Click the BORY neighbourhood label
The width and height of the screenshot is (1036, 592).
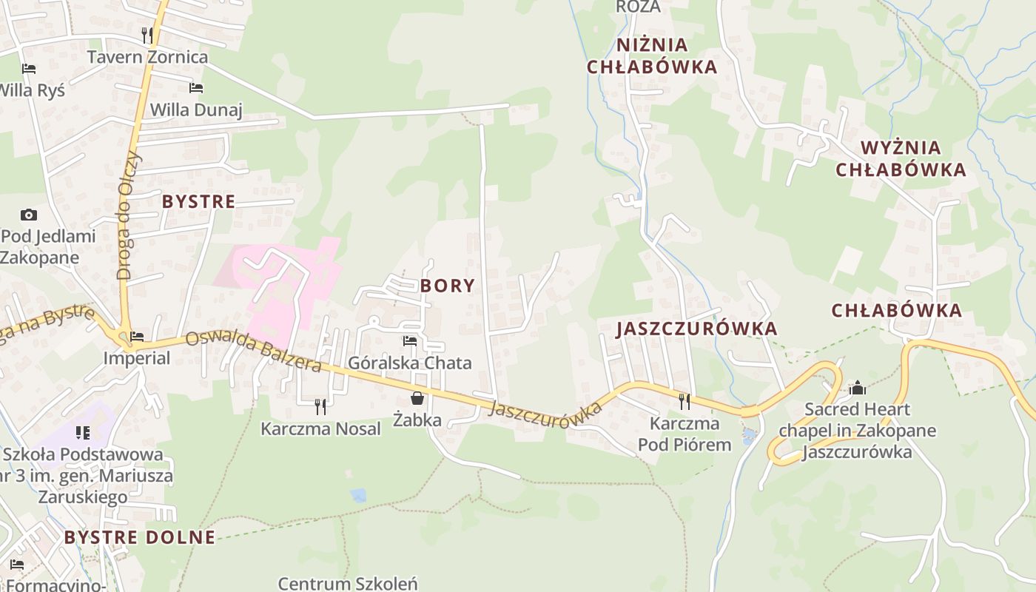(448, 286)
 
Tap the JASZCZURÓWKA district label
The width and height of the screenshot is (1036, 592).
(696, 329)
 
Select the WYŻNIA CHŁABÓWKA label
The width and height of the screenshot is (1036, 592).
(901, 158)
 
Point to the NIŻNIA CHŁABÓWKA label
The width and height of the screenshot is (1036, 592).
(652, 55)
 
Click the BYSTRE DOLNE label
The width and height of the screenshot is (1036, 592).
(139, 537)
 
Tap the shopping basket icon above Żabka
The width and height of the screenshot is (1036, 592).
(417, 399)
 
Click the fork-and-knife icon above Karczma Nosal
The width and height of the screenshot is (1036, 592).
(320, 406)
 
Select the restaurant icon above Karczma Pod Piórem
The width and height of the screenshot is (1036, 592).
(684, 401)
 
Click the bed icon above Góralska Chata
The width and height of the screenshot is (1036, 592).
(409, 341)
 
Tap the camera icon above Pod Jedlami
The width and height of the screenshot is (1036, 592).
(29, 215)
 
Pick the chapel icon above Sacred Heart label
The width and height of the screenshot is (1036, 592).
(857, 388)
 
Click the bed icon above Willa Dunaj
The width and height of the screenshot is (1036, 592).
(196, 88)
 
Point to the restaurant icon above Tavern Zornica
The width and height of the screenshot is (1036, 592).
(147, 35)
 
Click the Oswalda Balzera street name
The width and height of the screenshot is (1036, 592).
(253, 351)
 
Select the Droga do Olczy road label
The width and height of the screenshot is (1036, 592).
(128, 215)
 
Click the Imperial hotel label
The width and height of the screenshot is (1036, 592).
(137, 358)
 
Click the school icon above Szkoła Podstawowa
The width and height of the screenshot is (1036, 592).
(82, 432)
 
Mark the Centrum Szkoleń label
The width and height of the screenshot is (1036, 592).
(348, 583)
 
